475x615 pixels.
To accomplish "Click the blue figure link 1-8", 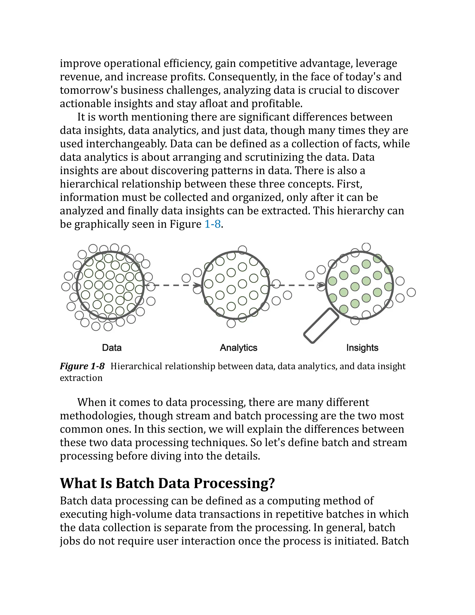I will (x=212, y=224).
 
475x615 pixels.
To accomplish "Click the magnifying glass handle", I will (x=321, y=326).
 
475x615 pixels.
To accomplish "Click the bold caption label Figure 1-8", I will (x=82, y=366).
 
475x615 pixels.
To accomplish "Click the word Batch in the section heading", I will (x=135, y=483).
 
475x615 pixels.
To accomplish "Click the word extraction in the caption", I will (x=81, y=378).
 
